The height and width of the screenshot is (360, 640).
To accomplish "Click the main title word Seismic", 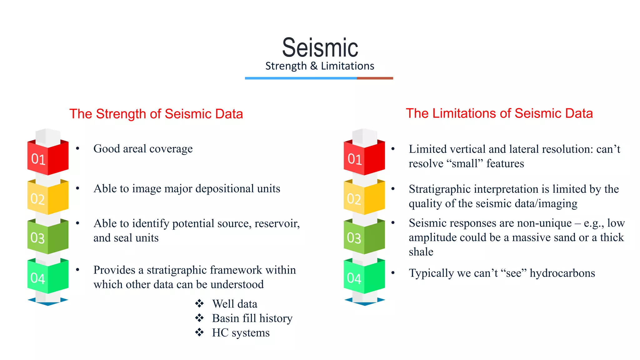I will [320, 48].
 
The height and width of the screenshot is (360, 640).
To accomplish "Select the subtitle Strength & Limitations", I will [320, 66].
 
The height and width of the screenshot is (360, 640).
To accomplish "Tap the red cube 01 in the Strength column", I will [48, 158].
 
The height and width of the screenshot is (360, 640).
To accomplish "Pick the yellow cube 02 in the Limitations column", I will [364, 198].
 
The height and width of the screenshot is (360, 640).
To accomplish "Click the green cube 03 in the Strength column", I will [48, 237].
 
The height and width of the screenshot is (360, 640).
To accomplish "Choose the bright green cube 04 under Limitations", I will [364, 277].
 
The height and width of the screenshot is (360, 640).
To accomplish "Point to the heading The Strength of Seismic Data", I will [156, 114].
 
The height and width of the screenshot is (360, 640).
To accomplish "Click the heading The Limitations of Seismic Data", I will [499, 113].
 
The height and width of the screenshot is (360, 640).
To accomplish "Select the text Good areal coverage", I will [143, 149].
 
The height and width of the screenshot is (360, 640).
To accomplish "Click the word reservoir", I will [277, 223].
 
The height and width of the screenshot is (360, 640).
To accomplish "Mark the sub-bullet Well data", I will [234, 304].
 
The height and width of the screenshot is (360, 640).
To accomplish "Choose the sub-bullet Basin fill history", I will [252, 318].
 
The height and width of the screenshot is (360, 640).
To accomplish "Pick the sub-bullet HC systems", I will [241, 332].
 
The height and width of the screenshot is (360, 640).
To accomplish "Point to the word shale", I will [421, 252].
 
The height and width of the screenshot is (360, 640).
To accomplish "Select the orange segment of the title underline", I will [375, 78].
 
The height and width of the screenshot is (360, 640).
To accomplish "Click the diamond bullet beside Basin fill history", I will [199, 318].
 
